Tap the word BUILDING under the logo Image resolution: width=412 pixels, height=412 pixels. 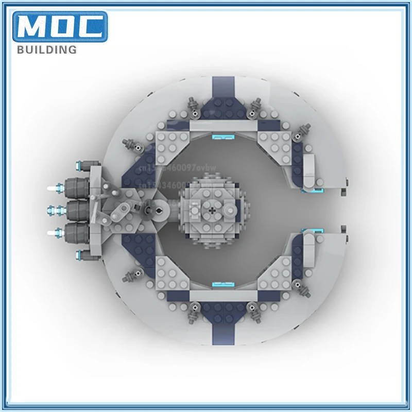coord(47,50)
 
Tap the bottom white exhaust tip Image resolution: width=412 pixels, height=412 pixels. coord(53,233)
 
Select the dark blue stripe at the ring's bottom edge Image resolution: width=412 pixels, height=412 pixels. coord(222,330)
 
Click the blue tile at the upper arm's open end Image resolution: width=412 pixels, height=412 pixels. coord(308,188)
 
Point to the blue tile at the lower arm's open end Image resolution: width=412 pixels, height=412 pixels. coord(308,231)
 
